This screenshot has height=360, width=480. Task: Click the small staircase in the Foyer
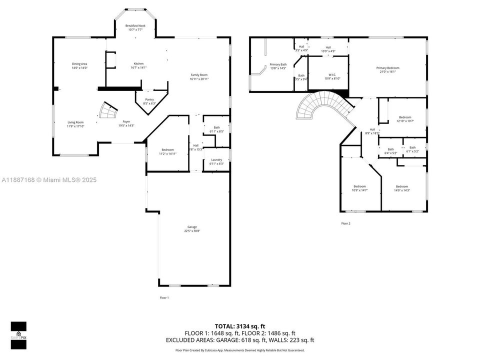pyautogui.click(x=107, y=110)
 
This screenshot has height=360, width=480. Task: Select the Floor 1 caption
pyautogui.click(x=164, y=297)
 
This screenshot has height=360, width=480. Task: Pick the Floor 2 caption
pyautogui.click(x=345, y=223)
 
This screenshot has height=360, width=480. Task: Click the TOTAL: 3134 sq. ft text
pyautogui.click(x=240, y=325)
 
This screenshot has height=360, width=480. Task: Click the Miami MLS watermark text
pyautogui.click(x=49, y=180)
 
